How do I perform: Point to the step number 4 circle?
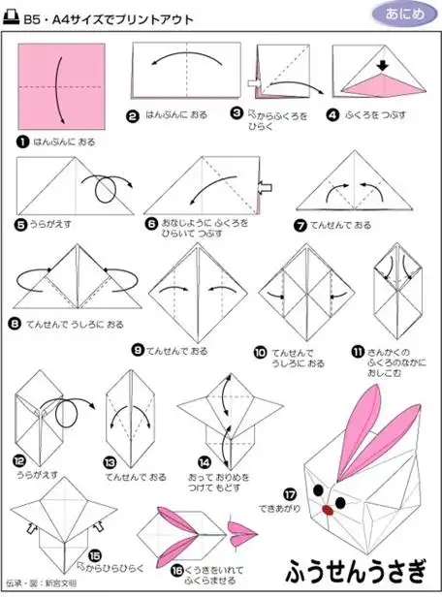(x=333, y=113)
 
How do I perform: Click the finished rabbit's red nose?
(x=337, y=505)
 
